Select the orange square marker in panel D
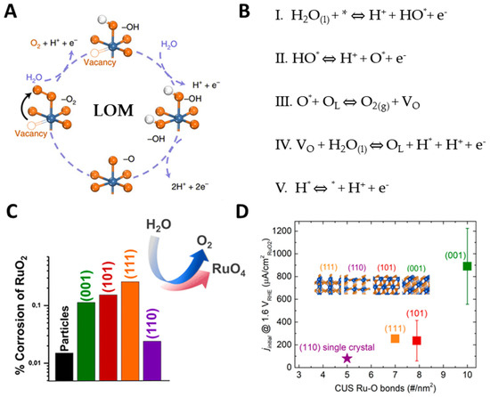pyautogui.click(x=396, y=338)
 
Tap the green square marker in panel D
pyautogui.click(x=468, y=266)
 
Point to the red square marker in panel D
pyautogui.click(x=417, y=341)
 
